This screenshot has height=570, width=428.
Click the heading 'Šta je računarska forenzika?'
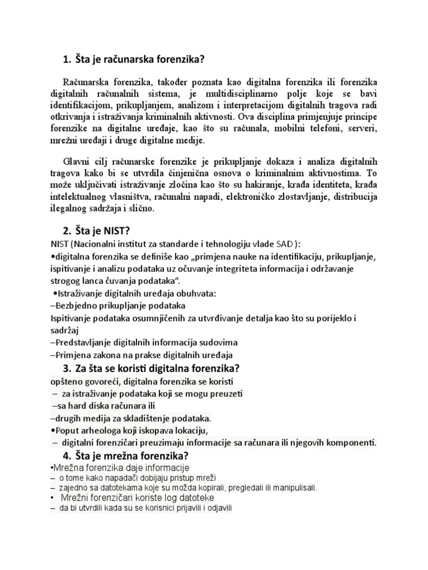(142, 60)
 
